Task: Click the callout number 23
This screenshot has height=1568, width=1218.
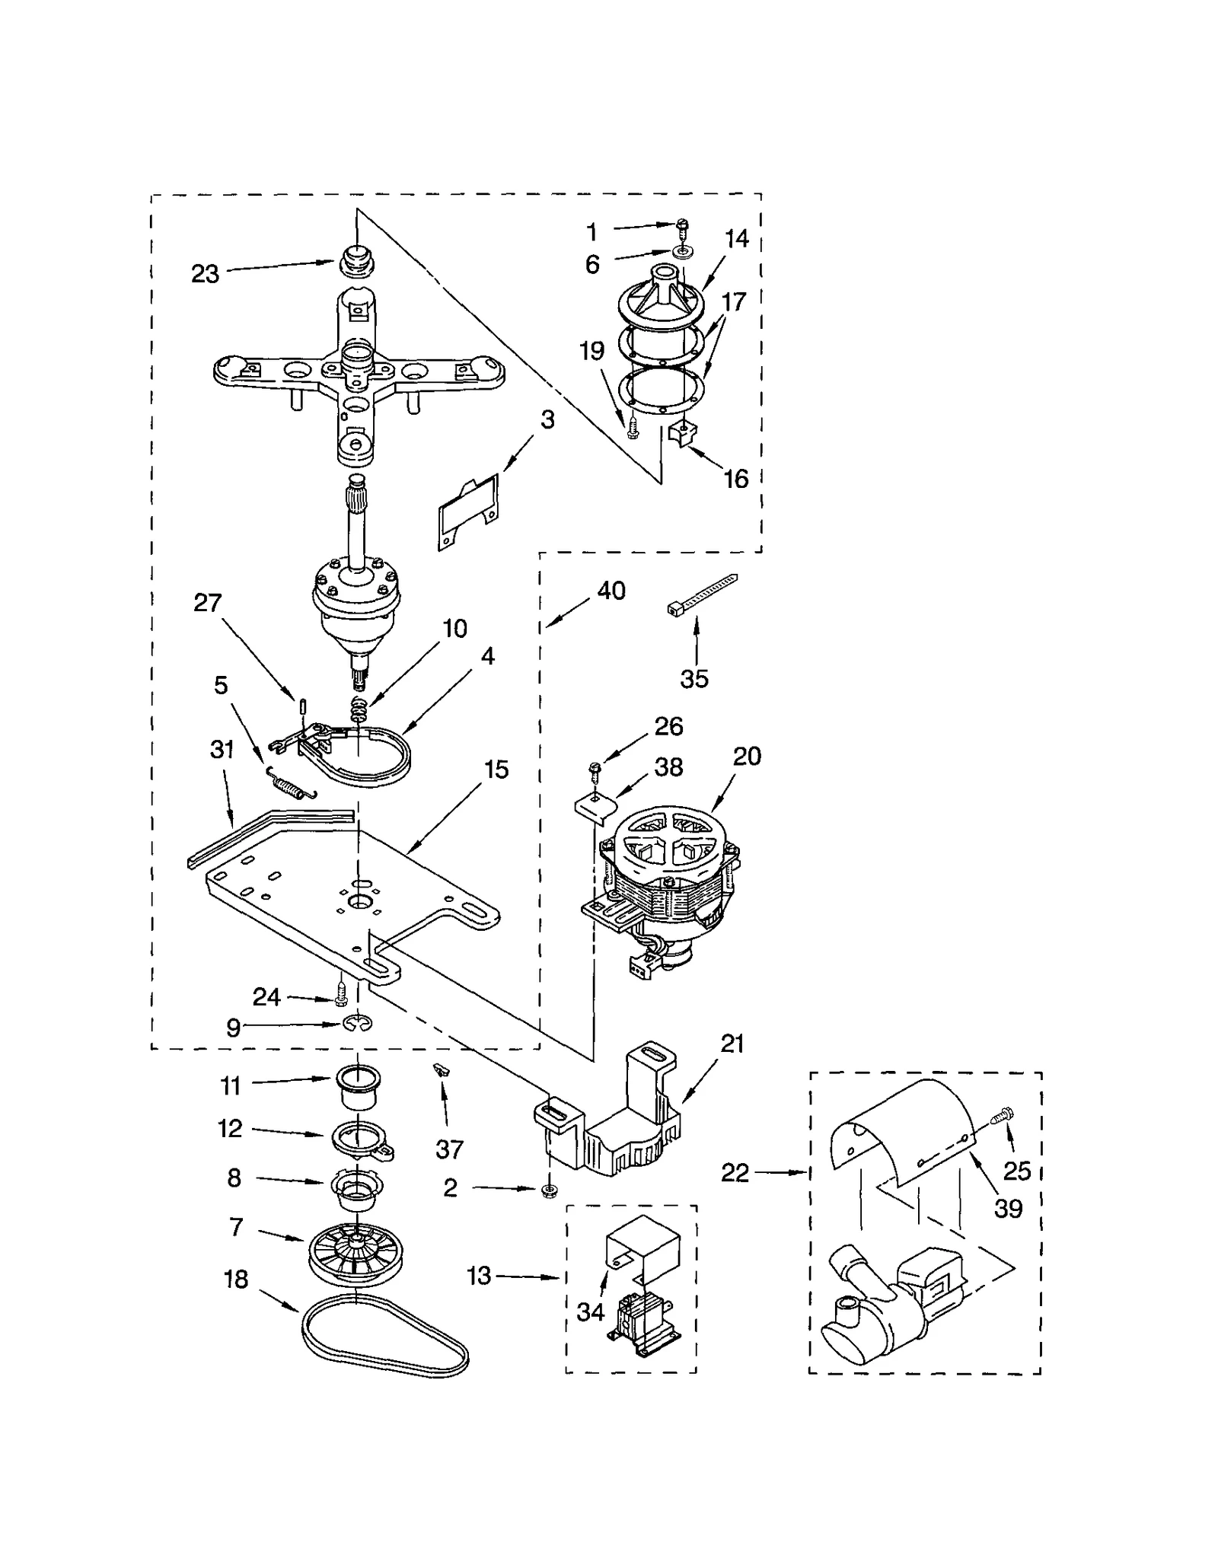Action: click(x=205, y=274)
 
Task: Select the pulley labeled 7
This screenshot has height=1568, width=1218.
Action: click(x=356, y=1249)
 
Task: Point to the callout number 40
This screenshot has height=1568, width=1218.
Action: click(x=611, y=591)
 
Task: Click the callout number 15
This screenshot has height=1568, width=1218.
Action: click(x=496, y=770)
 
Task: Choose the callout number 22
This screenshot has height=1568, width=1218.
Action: click(x=735, y=1174)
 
